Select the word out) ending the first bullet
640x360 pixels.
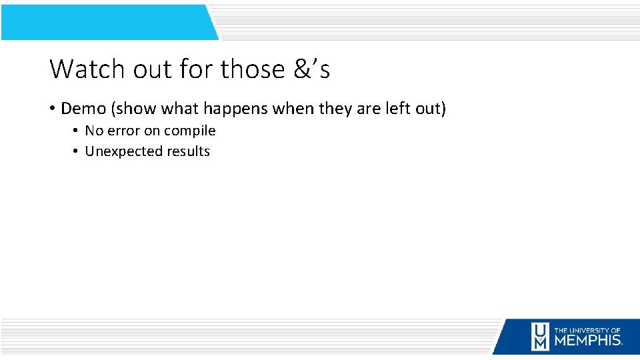click(x=431, y=108)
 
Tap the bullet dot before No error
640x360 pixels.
click(x=76, y=131)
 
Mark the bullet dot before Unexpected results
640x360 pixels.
click(x=76, y=151)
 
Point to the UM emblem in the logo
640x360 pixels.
click(x=540, y=336)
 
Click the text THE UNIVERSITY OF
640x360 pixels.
click(x=587, y=330)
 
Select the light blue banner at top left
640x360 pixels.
click(x=107, y=21)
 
